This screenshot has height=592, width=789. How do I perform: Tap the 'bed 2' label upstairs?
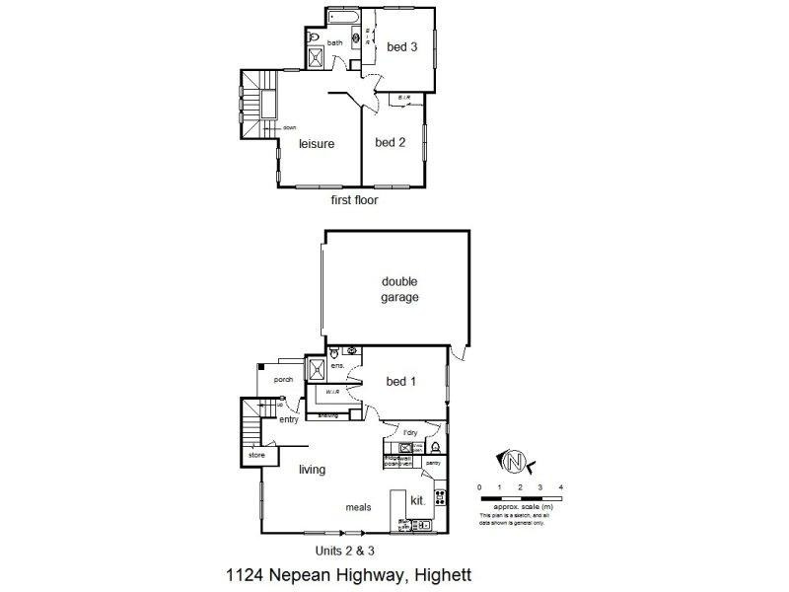[x=391, y=142]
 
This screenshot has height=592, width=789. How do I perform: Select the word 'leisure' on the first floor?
[x=317, y=143]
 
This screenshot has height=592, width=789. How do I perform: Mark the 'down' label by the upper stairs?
[x=289, y=128]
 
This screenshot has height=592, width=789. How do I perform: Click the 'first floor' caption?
[x=354, y=199]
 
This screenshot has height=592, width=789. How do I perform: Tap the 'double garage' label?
[x=400, y=288]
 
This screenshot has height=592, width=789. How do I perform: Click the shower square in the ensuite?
[x=318, y=369]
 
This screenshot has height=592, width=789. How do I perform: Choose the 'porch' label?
[x=284, y=378]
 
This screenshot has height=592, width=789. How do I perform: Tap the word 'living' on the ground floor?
[x=313, y=470]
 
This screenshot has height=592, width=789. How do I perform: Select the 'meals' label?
[x=358, y=507]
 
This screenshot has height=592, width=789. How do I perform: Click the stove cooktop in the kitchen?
[x=441, y=500]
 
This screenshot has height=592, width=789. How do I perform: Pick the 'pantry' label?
[x=433, y=462]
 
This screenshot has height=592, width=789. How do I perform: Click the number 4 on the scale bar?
[x=560, y=487]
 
